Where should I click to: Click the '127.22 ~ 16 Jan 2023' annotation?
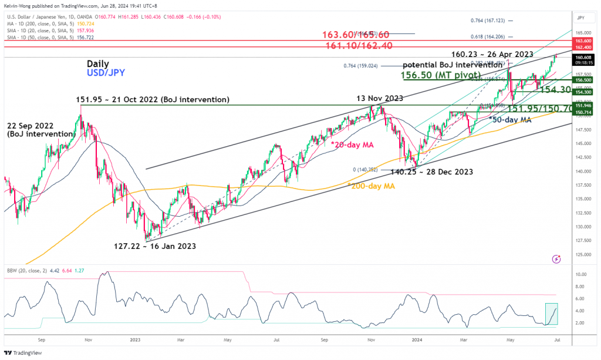pyautogui.click(x=154, y=247)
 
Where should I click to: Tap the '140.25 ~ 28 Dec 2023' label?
pyautogui.click(x=432, y=172)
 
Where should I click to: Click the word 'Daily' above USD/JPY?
pyautogui.click(x=98, y=63)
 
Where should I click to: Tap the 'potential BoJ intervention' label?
pyautogui.click(x=452, y=65)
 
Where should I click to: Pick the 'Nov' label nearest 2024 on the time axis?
pyautogui.click(x=370, y=339)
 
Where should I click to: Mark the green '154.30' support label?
pyautogui.click(x=556, y=89)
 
